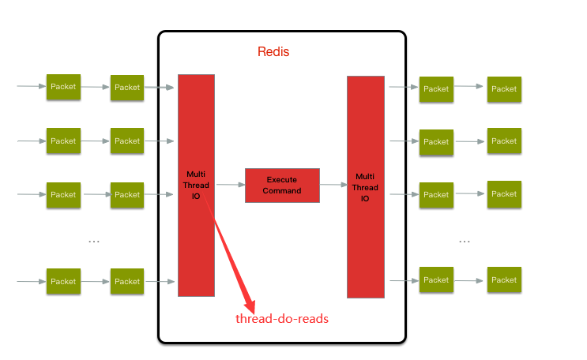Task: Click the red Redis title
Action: [x=274, y=52]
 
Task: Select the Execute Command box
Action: [x=282, y=186]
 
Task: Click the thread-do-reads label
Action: [x=282, y=319]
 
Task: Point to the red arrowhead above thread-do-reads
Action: [x=250, y=306]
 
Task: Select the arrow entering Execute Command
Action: [x=230, y=185]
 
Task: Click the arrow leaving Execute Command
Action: [x=333, y=185]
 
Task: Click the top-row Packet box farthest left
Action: [x=63, y=87]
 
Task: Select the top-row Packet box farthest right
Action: [x=504, y=89]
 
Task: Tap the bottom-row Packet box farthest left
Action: [x=63, y=281]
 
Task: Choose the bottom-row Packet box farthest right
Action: [x=504, y=279]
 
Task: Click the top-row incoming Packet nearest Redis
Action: [x=127, y=88]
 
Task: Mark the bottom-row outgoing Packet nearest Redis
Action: [x=436, y=280]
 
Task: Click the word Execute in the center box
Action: [x=282, y=180]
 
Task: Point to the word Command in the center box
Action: [x=282, y=190]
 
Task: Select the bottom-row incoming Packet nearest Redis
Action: [x=127, y=281]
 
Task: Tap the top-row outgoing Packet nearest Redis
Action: [x=436, y=89]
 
